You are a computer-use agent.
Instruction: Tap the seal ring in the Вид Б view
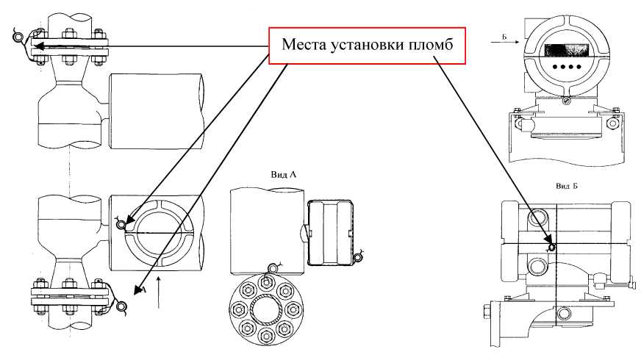pos(552,247)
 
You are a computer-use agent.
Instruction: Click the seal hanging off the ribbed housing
pos(358,256)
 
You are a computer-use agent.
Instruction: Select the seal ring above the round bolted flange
pos(276,267)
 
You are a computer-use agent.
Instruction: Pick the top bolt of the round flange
pos(264,282)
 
